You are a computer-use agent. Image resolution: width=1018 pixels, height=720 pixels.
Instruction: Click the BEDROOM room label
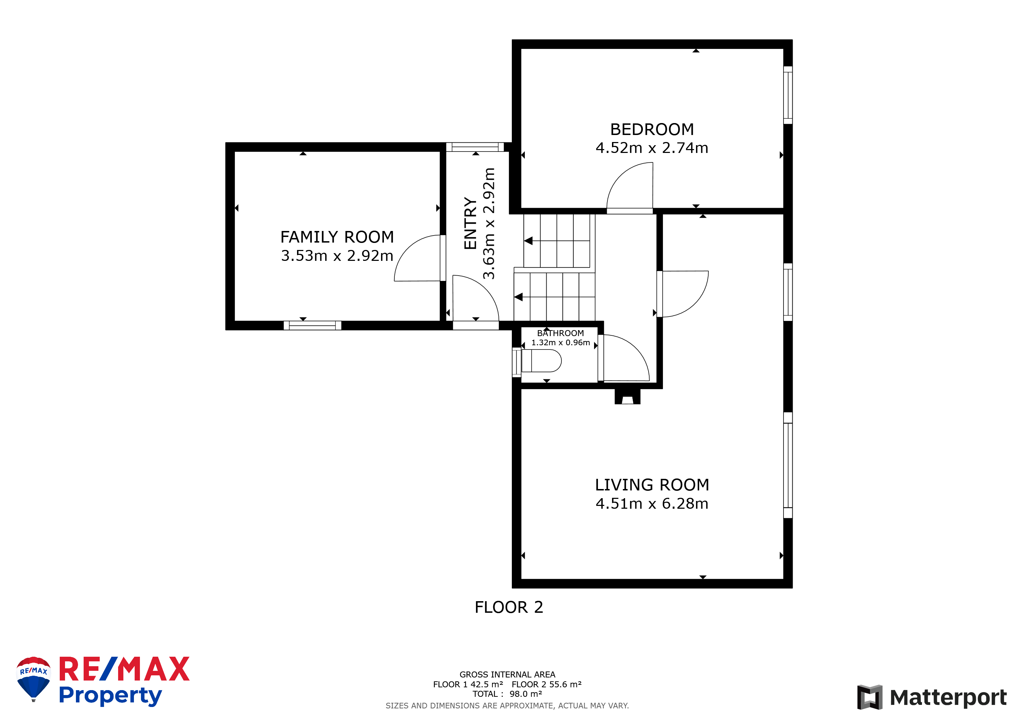point(652,129)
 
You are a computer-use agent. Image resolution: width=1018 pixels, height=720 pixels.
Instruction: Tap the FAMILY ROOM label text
point(337,237)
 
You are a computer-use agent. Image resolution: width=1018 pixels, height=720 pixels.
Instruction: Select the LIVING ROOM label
point(652,485)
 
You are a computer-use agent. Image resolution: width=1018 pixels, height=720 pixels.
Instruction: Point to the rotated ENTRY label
point(470,224)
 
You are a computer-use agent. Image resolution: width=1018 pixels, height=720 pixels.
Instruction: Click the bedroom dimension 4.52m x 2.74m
point(652,148)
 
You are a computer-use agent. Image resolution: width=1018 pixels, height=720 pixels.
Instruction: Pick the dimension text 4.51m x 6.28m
point(652,504)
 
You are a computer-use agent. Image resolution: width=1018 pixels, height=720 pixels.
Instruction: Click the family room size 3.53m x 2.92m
point(337,256)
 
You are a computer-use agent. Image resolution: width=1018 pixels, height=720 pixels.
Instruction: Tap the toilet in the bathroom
point(541,360)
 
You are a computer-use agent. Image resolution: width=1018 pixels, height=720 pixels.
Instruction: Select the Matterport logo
point(932,697)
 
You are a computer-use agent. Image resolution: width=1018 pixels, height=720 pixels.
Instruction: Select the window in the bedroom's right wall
point(788,95)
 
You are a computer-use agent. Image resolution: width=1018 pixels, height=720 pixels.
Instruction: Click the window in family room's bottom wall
point(313,326)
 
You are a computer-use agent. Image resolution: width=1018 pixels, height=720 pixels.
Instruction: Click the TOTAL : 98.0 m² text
point(507,694)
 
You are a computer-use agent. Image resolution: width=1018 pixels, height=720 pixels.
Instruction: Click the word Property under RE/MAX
point(110,696)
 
